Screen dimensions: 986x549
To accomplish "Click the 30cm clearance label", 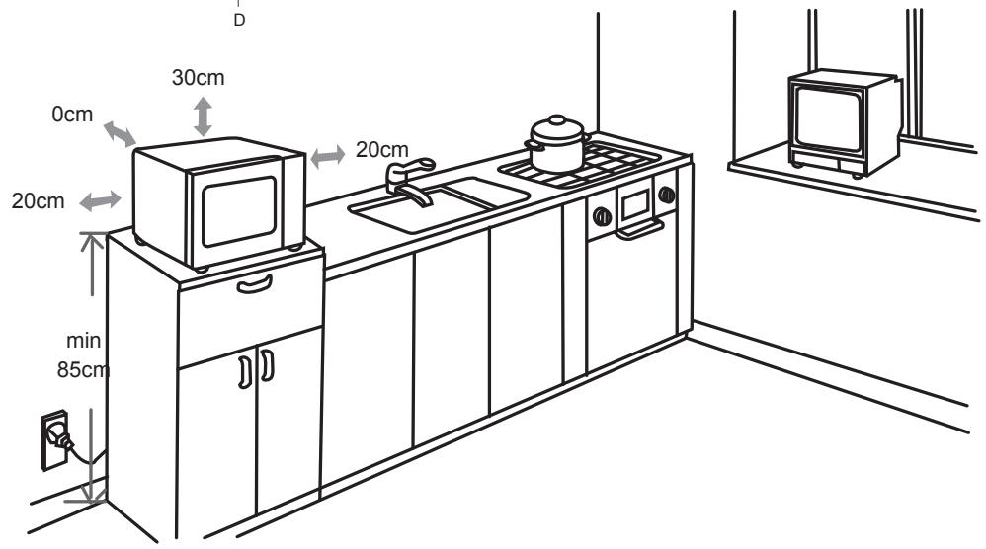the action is [198, 80].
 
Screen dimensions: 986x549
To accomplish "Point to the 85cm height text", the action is [83, 372].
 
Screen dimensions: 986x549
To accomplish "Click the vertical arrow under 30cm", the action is [203, 116].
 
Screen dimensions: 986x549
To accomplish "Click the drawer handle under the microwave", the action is [252, 284].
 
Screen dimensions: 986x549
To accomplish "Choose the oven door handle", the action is [639, 231].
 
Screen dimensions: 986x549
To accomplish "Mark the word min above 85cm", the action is [83, 342].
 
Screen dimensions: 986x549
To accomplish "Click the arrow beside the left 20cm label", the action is [99, 201].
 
